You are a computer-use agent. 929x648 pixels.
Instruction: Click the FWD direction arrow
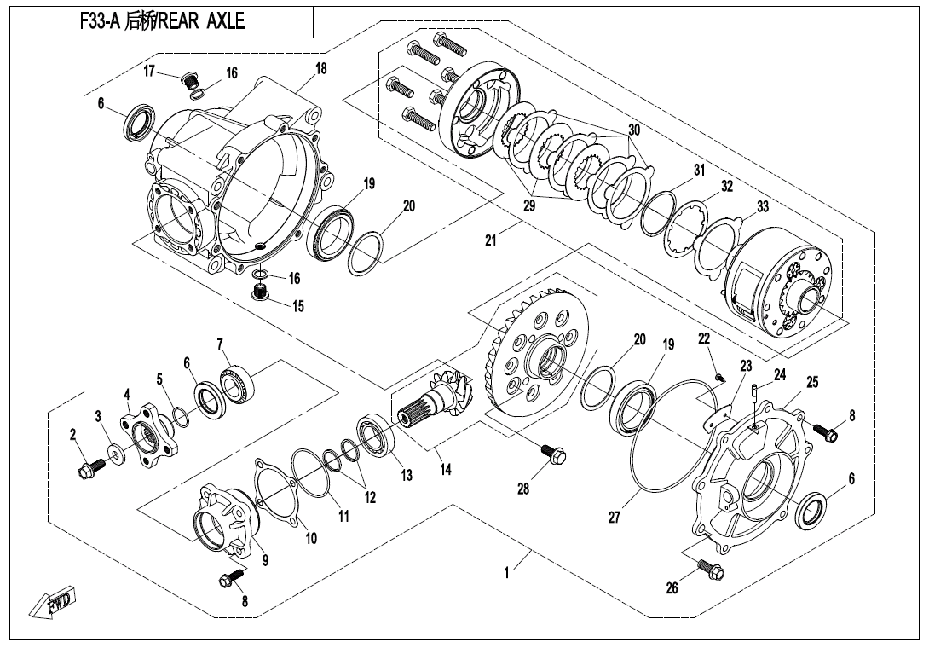tap(53, 602)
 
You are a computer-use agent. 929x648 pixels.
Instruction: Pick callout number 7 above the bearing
tap(220, 344)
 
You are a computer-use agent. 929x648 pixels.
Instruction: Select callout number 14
tap(446, 470)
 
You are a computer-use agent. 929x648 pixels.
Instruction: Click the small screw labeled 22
tap(720, 377)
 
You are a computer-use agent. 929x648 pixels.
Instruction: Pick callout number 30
tap(633, 130)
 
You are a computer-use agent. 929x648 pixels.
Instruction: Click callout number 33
tap(762, 206)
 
